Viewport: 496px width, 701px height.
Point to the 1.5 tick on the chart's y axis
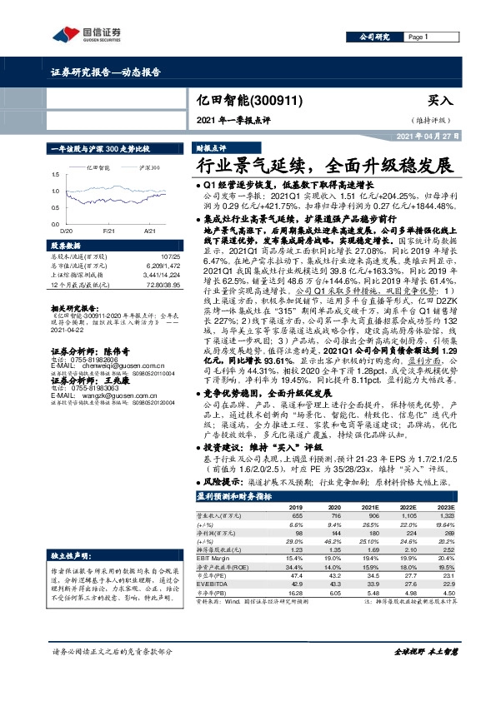tap(55, 174)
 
